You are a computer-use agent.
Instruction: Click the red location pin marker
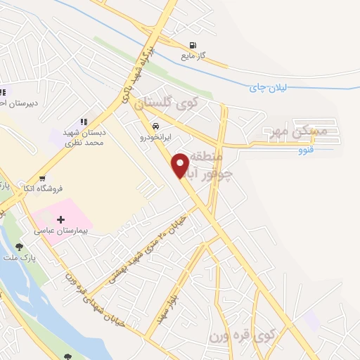point(181,165)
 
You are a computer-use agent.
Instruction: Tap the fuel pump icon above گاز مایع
point(193,43)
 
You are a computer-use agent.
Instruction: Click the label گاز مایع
point(193,55)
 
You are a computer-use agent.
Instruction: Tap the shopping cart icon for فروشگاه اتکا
point(44,179)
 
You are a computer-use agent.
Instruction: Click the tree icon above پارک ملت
point(19,247)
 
